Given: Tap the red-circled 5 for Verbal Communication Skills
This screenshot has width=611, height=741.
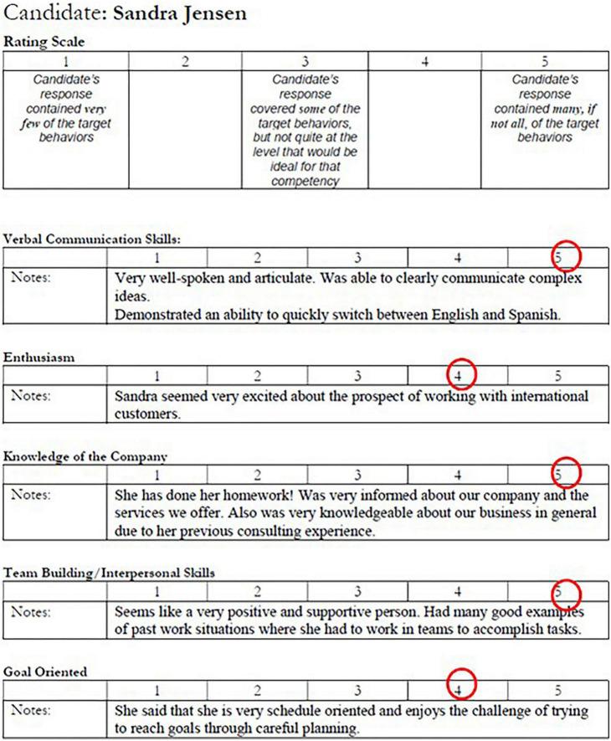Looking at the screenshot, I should coord(566,255).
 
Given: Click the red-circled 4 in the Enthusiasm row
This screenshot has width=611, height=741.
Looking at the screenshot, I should coord(460,371).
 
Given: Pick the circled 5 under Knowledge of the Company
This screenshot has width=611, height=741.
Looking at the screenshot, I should coord(567,473).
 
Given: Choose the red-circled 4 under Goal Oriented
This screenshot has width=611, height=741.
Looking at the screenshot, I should coord(460,690).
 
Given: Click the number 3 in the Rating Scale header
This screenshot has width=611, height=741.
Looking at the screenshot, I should coord(305,60).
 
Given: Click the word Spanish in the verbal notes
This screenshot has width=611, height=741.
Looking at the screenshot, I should coord(531,315).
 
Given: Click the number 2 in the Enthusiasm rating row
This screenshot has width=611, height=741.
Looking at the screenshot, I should coord(258,374).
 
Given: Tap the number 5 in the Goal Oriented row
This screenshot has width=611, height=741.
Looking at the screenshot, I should coord(557,691).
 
